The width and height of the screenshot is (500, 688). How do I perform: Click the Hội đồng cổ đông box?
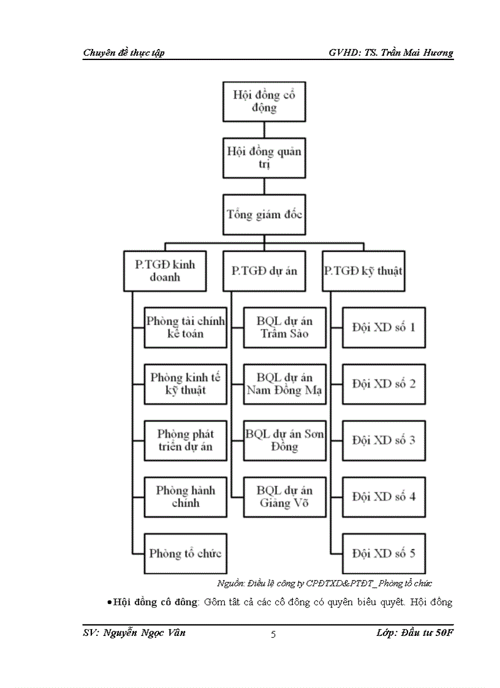coord(263,102)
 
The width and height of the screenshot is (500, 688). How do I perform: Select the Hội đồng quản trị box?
coord(263,158)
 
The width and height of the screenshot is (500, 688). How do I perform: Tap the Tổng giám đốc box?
coord(263,215)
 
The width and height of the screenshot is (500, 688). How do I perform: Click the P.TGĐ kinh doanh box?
coord(165,271)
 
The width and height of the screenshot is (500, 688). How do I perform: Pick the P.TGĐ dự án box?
coord(263,271)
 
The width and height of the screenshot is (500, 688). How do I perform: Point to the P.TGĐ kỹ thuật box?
coord(363,271)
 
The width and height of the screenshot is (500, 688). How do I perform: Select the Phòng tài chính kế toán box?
coord(185,328)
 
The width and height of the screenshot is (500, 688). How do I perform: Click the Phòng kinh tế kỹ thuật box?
coord(185,384)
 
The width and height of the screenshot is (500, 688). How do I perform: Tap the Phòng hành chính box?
coord(185,497)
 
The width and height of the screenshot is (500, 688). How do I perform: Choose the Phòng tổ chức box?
coord(185,553)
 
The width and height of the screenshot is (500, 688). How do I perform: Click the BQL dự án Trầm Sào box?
coord(284,328)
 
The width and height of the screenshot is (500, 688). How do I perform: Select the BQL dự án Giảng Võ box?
coord(284,497)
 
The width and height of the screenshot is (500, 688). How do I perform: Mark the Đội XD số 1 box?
coord(384,328)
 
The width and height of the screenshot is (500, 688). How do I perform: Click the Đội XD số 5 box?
coord(384,553)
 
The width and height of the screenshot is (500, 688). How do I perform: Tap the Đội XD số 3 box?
coord(384,440)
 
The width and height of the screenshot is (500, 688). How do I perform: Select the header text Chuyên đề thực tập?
coord(123,53)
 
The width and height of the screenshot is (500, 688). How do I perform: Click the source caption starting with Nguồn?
coord(325,584)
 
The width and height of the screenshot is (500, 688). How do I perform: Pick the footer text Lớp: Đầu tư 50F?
coord(414,633)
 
